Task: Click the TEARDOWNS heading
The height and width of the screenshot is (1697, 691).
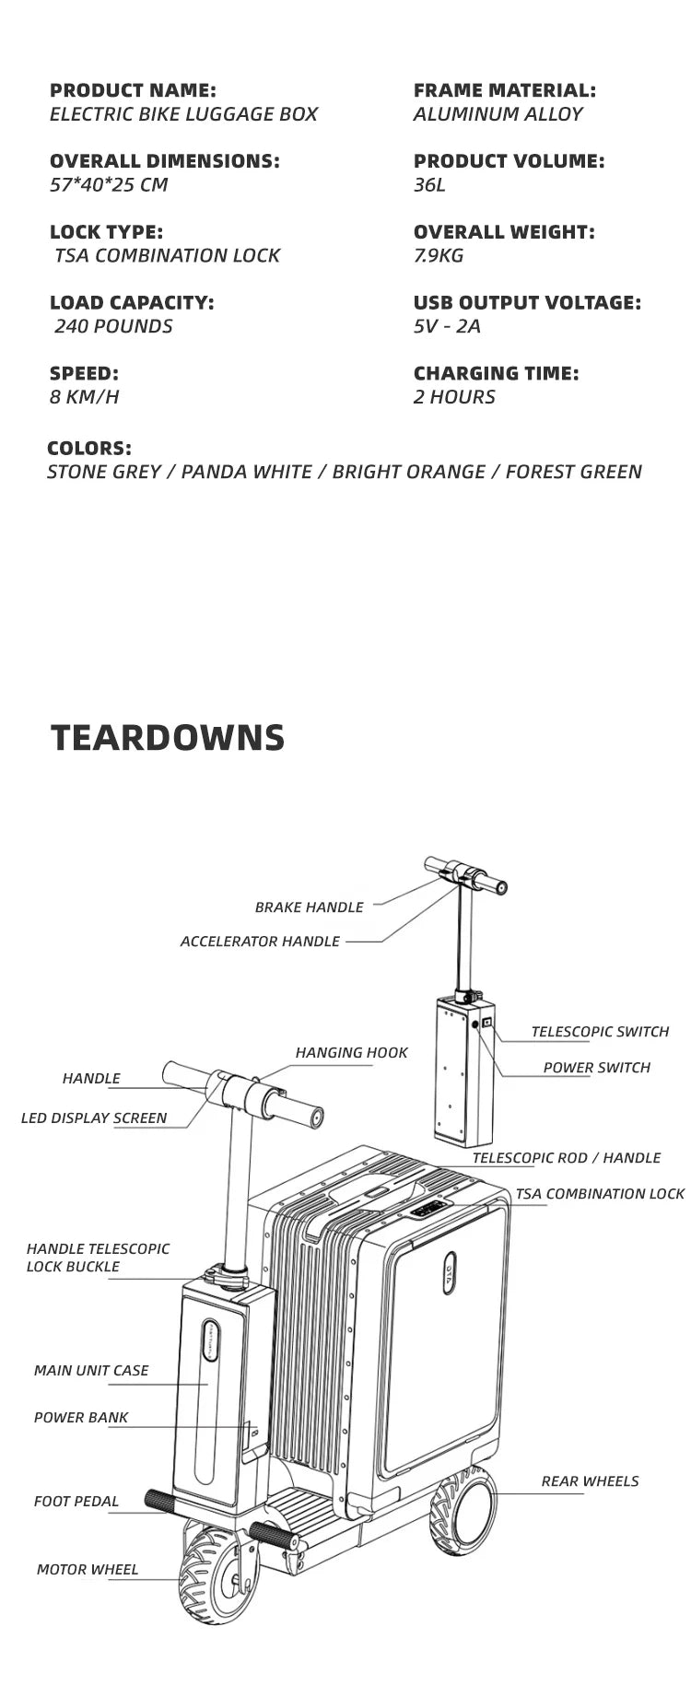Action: pyautogui.click(x=168, y=738)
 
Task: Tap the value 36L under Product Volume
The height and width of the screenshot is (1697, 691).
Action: pyautogui.click(x=429, y=184)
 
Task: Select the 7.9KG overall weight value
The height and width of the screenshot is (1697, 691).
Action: pyautogui.click(x=439, y=255)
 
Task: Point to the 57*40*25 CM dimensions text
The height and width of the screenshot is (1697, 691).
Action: pyautogui.click(x=109, y=184)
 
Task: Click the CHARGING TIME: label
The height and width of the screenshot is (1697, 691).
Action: pyautogui.click(x=496, y=373)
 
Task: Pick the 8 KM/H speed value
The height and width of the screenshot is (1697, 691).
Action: pyautogui.click(x=84, y=397)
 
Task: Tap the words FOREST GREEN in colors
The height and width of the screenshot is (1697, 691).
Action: pyautogui.click(x=573, y=472)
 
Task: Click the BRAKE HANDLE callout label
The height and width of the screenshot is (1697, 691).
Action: pyautogui.click(x=309, y=907)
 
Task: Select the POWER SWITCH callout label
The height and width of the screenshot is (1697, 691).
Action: pyautogui.click(x=596, y=1068)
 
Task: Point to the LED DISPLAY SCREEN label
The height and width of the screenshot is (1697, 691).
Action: pyautogui.click(x=94, y=1118)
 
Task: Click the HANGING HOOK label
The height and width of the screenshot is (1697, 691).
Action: pyautogui.click(x=351, y=1053)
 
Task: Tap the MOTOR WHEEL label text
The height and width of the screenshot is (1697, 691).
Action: pyautogui.click(x=88, y=1570)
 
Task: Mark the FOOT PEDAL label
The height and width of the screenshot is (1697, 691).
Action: pyautogui.click(x=76, y=1502)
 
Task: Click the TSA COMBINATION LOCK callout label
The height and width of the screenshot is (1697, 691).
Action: pyautogui.click(x=600, y=1194)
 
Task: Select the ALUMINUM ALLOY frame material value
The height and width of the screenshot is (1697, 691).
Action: pyautogui.click(x=498, y=114)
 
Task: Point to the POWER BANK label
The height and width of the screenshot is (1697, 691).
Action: pyautogui.click(x=81, y=1418)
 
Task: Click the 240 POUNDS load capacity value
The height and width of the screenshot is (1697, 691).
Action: pyautogui.click(x=113, y=326)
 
